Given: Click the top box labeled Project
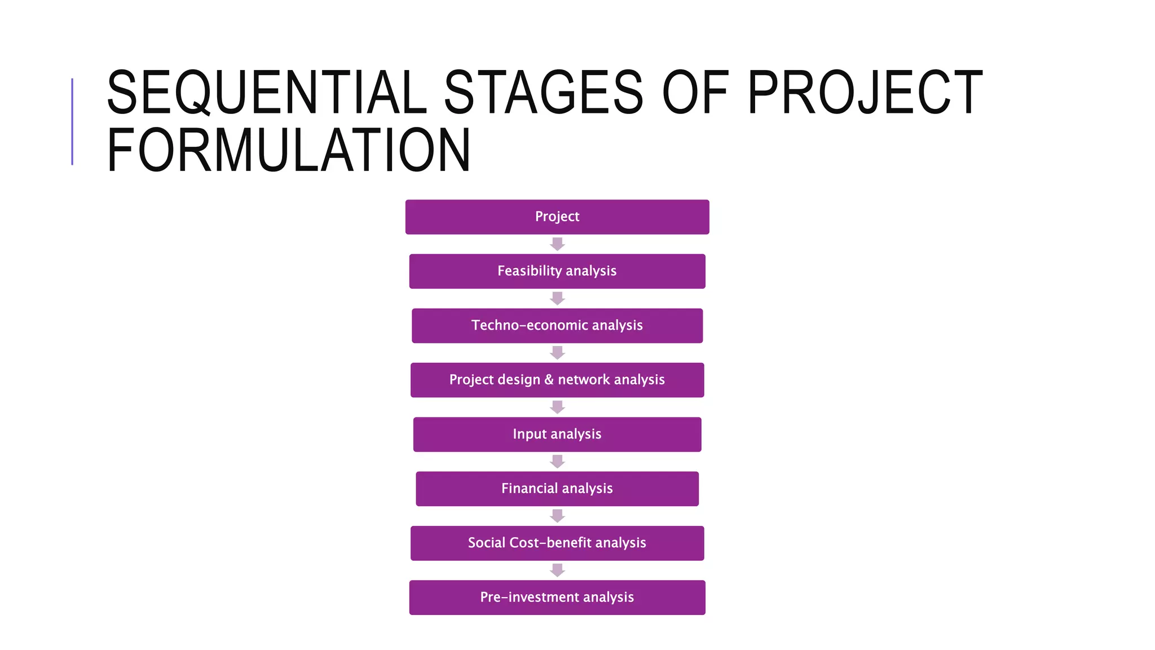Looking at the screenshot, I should [557, 217].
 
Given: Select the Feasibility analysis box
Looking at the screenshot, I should [557, 271].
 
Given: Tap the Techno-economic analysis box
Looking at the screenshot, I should [557, 326].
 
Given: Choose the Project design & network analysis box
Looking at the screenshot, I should [557, 380].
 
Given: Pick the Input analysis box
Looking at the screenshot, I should [557, 434].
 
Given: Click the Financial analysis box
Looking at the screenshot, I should [557, 489].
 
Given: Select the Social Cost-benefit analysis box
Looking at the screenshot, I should [557, 543].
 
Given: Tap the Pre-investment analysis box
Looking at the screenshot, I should [557, 598].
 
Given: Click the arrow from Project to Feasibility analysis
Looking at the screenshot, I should [557, 244].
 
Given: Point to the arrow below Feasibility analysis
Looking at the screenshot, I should [557, 298].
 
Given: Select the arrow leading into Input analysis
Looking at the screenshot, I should [557, 407].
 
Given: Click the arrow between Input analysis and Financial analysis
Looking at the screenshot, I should [557, 462].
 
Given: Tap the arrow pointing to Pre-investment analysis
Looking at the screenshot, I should [557, 570].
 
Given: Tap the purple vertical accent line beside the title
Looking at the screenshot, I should [72, 121].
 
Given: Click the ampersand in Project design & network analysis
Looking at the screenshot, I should [549, 380].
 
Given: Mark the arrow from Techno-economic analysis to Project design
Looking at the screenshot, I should [557, 353].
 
